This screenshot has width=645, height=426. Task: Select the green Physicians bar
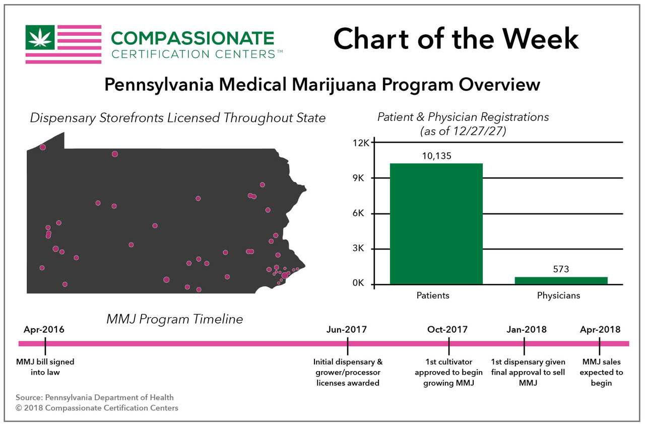coord(561,281)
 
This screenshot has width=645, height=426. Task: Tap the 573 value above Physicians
coord(561,269)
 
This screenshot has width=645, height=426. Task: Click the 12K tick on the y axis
coord(362,143)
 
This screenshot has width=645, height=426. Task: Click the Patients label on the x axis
coord(433,295)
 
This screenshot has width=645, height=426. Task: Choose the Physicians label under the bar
coord(558,295)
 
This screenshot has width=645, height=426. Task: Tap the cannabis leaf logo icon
coord(40,37)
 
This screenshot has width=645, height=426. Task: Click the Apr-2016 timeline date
coord(44,330)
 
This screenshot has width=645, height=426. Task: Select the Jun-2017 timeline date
coord(347,330)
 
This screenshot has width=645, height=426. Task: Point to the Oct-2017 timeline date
coord(447,330)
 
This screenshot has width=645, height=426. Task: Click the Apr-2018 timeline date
coord(600,330)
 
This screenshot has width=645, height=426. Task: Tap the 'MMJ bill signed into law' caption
coord(45,367)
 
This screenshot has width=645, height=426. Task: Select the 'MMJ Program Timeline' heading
coord(174,319)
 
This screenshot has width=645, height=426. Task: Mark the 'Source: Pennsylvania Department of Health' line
coord(95,398)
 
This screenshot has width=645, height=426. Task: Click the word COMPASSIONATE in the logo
coord(192,38)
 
